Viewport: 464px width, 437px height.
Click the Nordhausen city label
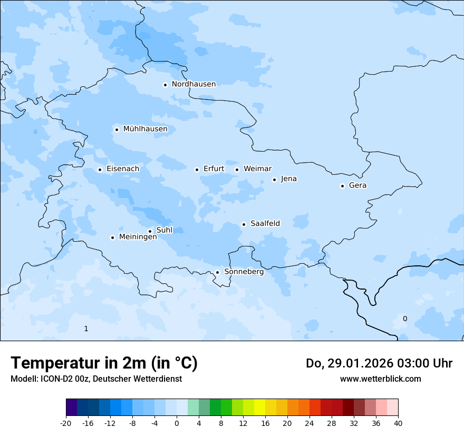click(x=194, y=84)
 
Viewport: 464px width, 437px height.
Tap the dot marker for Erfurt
click(x=197, y=170)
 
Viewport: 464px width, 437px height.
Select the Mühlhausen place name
click(x=145, y=129)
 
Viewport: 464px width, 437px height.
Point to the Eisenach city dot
click(x=100, y=170)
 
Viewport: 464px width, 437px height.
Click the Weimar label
click(x=257, y=169)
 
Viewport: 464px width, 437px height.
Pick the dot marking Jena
click(x=274, y=180)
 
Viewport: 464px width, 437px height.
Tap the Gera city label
click(x=357, y=185)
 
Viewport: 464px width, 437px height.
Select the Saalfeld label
click(x=265, y=224)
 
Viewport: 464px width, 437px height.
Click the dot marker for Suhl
click(x=150, y=231)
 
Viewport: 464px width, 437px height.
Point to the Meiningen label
click(x=138, y=237)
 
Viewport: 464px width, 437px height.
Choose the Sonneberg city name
click(x=244, y=272)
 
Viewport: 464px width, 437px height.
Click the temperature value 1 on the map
click(x=86, y=329)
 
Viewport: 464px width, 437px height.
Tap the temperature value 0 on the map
click(x=405, y=319)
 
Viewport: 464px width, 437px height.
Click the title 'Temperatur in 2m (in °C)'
click(x=104, y=363)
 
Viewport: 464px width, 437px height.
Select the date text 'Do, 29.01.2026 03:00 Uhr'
click(x=379, y=363)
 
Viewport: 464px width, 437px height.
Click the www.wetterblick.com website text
click(x=380, y=379)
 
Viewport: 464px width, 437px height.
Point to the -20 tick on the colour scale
click(x=66, y=423)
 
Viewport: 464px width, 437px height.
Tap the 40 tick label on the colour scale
click(x=398, y=423)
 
